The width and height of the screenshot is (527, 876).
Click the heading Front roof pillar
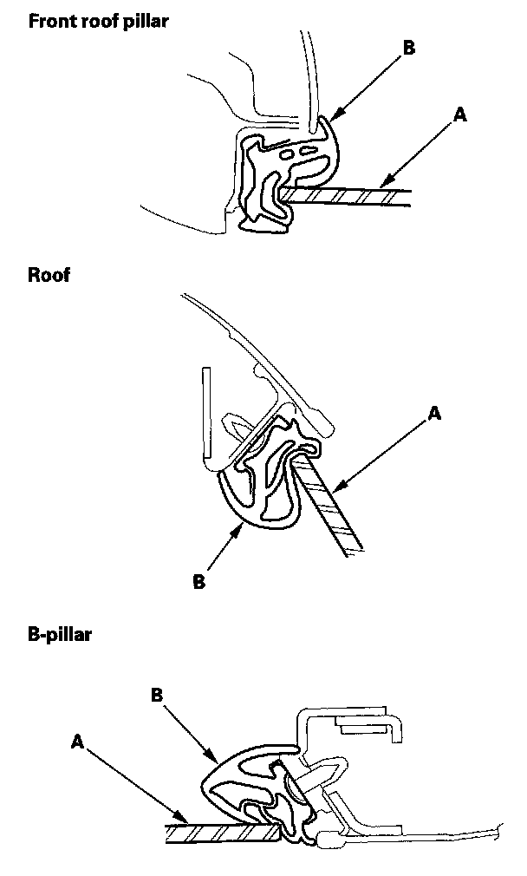point(98,22)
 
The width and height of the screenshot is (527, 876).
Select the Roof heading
point(49,276)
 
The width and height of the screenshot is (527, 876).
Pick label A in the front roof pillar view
point(460,114)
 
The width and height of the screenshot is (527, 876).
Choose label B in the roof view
point(198,582)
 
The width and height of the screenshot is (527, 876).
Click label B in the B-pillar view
point(158,695)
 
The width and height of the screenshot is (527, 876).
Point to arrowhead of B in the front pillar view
point(330,117)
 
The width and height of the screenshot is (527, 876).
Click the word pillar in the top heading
point(145,22)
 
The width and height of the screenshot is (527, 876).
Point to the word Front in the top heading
point(50,22)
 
